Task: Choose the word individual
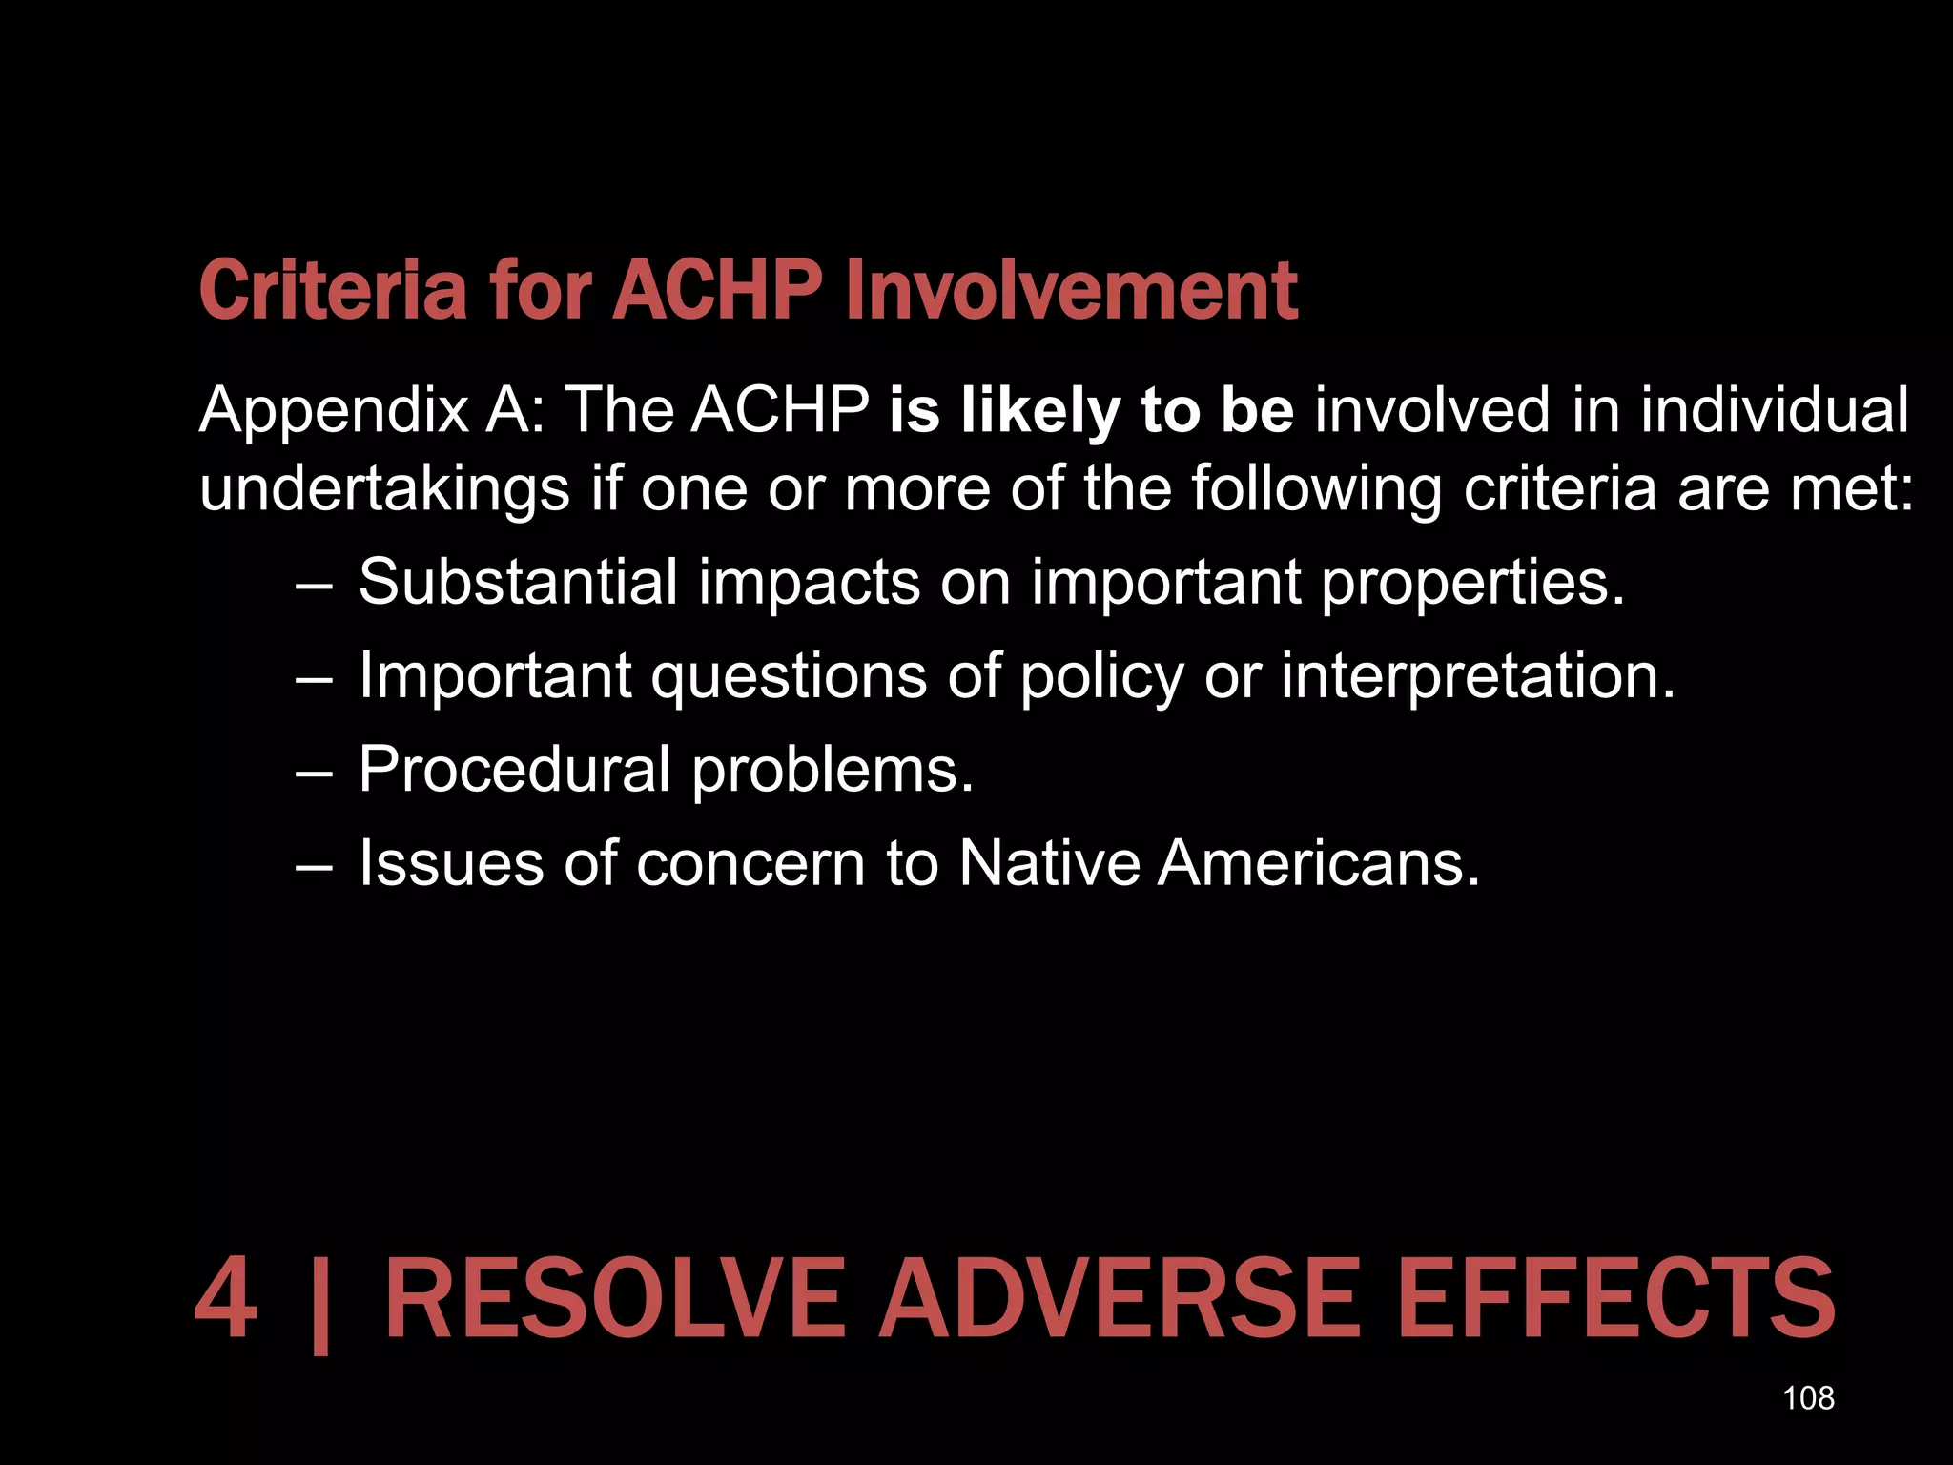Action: pos(1775,410)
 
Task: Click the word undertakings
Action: pos(384,489)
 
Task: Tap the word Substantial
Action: pos(517,582)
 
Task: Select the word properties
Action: pos(1472,584)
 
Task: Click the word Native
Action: pos(1049,863)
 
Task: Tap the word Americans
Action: pos(1319,863)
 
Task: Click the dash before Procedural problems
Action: pos(314,771)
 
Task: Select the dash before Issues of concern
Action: pos(314,865)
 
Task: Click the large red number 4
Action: pos(226,1300)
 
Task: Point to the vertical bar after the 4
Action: pos(320,1305)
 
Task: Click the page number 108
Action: pos(1808,1398)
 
